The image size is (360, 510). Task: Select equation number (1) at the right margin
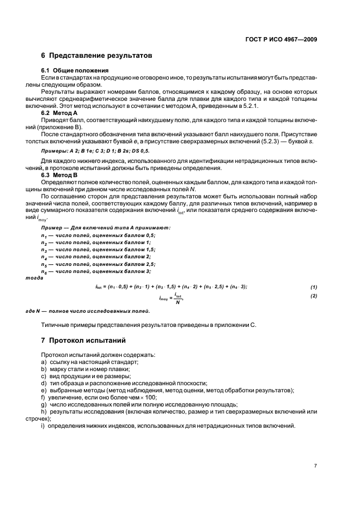[314, 287]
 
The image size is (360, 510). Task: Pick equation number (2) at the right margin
[314, 296]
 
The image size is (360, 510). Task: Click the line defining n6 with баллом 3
[96, 271]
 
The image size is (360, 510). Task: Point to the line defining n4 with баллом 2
[96, 256]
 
